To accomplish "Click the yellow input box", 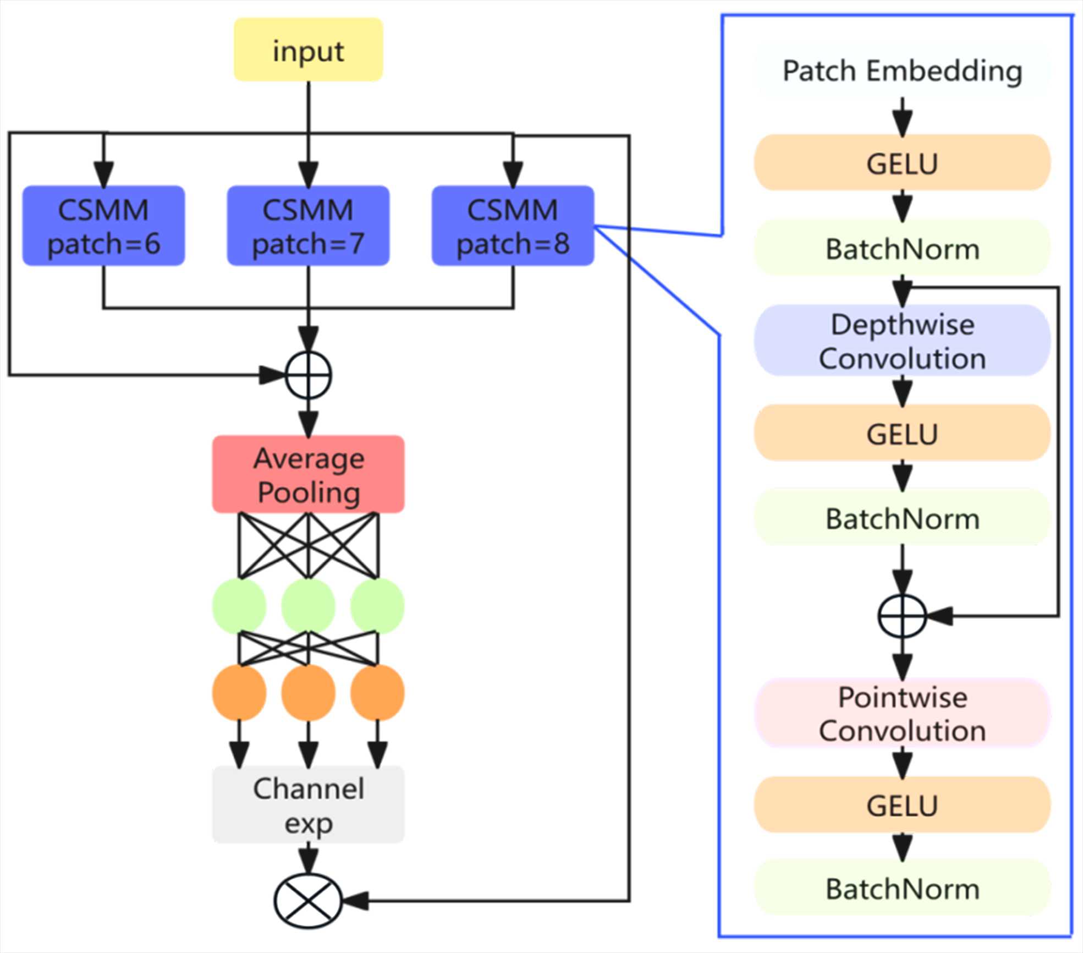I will tap(308, 50).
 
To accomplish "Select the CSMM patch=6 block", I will tap(103, 226).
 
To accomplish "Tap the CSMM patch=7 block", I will tap(308, 226).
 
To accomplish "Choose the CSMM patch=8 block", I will tap(513, 226).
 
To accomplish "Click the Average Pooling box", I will tap(308, 474).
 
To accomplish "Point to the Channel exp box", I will tap(308, 804).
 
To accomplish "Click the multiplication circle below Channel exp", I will tap(308, 901).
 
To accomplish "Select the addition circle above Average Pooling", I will tap(309, 375).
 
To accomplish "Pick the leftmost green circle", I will tap(239, 606).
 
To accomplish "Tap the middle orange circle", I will tap(308, 693).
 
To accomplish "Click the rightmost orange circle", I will tap(377, 693).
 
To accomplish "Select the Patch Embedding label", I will tap(902, 71).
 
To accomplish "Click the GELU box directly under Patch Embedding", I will tap(902, 163).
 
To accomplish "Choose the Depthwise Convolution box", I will tap(902, 341).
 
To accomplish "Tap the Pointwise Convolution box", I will tap(902, 713).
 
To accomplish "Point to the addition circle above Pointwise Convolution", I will tap(902, 616).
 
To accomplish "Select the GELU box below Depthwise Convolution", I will tap(902, 433).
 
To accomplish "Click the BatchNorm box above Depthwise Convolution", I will tap(902, 249).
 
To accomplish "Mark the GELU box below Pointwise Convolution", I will tap(902, 805).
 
